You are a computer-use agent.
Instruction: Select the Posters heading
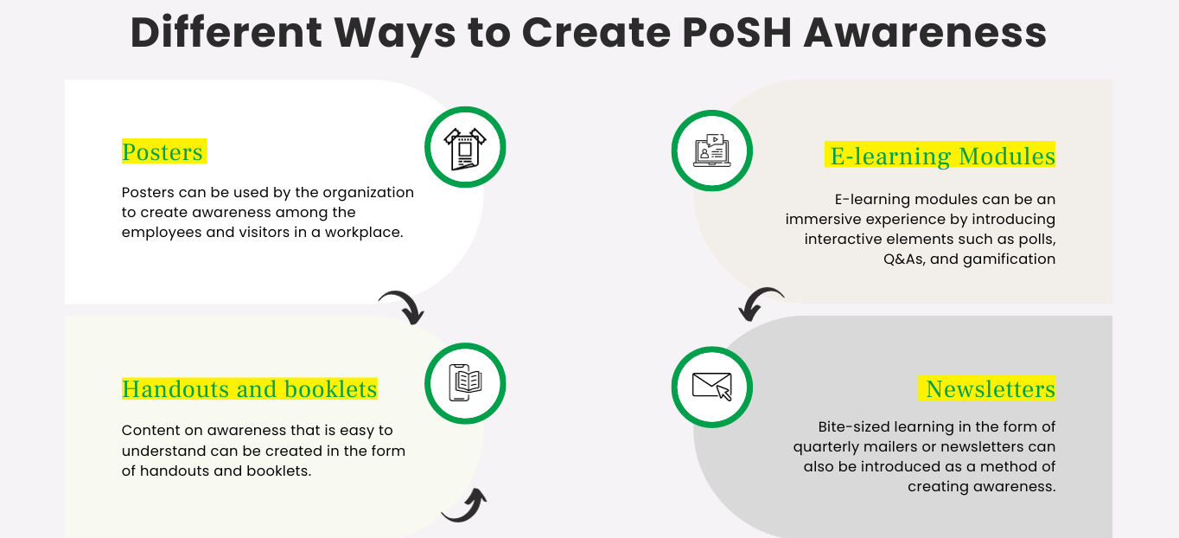click(x=163, y=152)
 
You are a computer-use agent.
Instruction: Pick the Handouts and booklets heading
click(x=250, y=389)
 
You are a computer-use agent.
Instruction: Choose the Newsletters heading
click(x=990, y=389)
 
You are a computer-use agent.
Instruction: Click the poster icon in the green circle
click(x=465, y=149)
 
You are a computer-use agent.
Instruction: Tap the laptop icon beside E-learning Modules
click(x=712, y=151)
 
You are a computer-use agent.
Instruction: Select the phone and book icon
click(x=465, y=383)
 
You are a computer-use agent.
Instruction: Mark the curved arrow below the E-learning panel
click(x=761, y=303)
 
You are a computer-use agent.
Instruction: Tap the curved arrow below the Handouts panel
click(x=467, y=507)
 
